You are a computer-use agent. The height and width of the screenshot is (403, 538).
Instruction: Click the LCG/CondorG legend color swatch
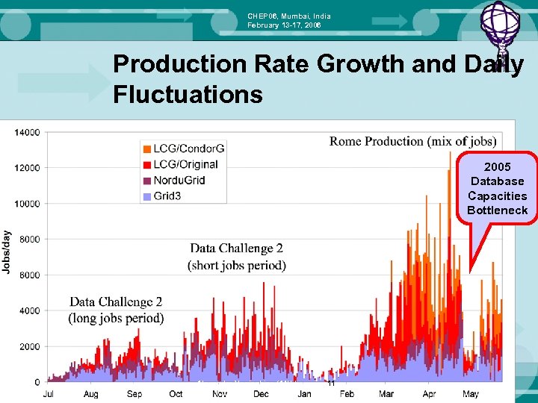pos(146,149)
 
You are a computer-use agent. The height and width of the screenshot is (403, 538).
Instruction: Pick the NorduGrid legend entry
pos(179,181)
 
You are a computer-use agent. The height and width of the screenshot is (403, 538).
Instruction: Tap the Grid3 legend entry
pos(167,196)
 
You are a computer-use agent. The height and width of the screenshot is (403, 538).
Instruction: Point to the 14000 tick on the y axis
pos(27,133)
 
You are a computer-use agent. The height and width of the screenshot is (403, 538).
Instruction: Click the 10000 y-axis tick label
pos(27,204)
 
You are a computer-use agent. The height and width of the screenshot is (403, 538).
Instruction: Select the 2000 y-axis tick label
pos(29,347)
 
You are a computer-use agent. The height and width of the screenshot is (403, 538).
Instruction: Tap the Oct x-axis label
pos(176,394)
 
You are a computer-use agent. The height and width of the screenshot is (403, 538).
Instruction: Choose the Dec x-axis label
pos(261,394)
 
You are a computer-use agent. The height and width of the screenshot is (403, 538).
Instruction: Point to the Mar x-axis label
pos(386,394)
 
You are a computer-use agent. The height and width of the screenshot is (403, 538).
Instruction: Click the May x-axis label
pos(471,394)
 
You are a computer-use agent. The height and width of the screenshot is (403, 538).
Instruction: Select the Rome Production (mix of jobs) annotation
pos(412,141)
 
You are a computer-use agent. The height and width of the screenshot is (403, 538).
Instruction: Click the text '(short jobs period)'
pos(236,265)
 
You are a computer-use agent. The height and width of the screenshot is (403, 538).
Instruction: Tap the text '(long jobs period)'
pos(116,319)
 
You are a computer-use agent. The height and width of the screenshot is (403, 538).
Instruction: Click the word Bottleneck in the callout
pos(497,210)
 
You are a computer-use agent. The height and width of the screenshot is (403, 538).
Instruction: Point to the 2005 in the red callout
pos(497,166)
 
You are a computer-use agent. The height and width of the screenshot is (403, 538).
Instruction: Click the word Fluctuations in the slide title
pos(188,94)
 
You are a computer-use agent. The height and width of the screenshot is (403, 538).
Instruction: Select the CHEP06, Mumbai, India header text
pos(288,16)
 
